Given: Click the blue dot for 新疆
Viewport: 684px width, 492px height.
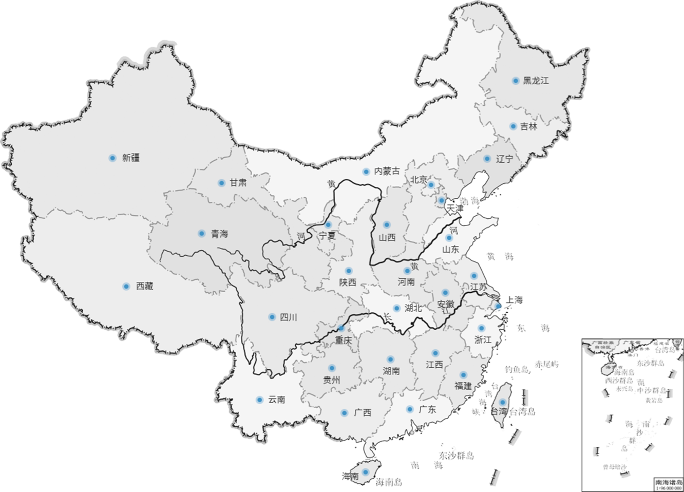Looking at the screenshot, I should pyautogui.click(x=112, y=158).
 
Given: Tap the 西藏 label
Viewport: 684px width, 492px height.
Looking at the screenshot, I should pyautogui.click(x=144, y=287).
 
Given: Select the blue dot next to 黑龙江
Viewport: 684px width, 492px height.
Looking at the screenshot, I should pyautogui.click(x=515, y=81).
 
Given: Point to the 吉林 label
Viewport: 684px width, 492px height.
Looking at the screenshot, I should pyautogui.click(x=528, y=126).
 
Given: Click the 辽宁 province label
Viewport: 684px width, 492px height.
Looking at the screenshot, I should pyautogui.click(x=505, y=159).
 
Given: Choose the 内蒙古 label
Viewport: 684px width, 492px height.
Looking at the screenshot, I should pyautogui.click(x=387, y=171).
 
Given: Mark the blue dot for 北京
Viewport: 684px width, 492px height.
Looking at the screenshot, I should pyautogui.click(x=431, y=185).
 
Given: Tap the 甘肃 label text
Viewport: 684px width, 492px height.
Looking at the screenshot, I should pyautogui.click(x=238, y=183).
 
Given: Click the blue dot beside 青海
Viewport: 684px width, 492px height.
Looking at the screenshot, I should pyautogui.click(x=201, y=234).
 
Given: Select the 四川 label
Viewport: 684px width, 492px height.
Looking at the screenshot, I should pyautogui.click(x=288, y=317).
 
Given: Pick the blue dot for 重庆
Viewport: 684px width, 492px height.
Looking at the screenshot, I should pyautogui.click(x=341, y=328).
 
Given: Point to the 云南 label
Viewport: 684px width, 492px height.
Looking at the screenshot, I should pyautogui.click(x=276, y=400).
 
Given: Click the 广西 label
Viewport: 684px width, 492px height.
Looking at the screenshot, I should pyautogui.click(x=362, y=413).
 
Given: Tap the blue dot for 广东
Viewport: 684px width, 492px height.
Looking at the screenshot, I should pyautogui.click(x=410, y=409).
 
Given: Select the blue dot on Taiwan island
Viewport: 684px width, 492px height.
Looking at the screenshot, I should pyautogui.click(x=503, y=402).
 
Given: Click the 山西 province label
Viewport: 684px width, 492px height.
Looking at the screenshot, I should pyautogui.click(x=387, y=237).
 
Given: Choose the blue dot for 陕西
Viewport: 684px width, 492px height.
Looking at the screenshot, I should pyautogui.click(x=349, y=271).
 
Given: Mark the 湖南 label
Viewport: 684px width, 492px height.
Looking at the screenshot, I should pyautogui.click(x=391, y=371).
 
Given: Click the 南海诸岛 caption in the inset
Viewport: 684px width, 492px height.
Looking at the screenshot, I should pyautogui.click(x=668, y=482).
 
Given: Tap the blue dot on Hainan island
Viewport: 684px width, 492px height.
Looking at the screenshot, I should pyautogui.click(x=366, y=472).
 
